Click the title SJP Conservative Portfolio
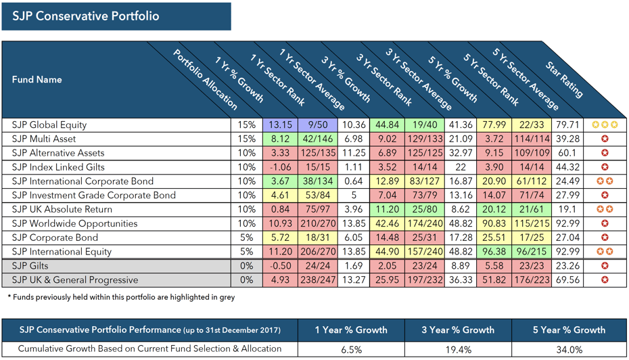86,16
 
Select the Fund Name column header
37,80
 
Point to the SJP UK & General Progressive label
74,280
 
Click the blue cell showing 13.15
279,125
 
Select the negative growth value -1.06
279,167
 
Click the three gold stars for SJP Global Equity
604,125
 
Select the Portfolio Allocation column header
206,80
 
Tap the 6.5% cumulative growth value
351,349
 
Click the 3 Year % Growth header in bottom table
458,330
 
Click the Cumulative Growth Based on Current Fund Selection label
149,349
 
